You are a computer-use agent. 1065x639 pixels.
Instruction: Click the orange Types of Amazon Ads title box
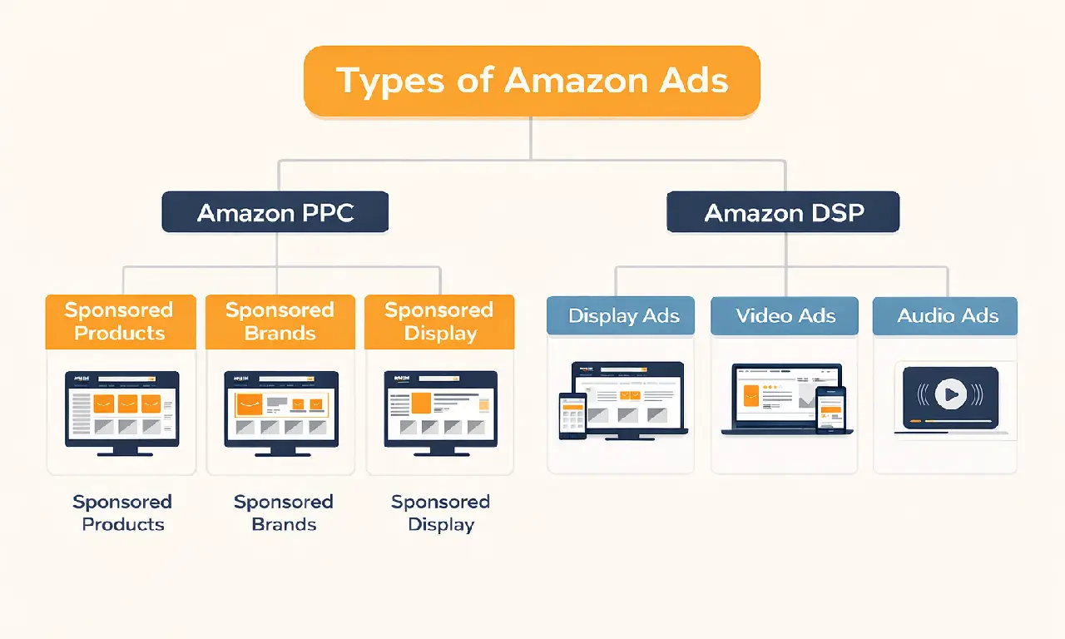tap(532, 81)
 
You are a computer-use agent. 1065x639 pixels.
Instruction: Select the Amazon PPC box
tap(275, 212)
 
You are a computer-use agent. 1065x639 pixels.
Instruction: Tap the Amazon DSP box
tap(784, 212)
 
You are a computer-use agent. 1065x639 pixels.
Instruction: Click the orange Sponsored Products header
tap(120, 322)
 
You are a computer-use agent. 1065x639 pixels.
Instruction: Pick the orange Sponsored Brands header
tap(280, 322)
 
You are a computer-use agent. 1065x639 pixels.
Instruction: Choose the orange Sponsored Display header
tap(439, 322)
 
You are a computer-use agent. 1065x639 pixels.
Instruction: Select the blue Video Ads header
tap(785, 316)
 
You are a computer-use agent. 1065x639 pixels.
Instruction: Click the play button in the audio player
tap(950, 393)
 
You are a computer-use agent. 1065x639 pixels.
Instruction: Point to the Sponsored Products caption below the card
tap(122, 513)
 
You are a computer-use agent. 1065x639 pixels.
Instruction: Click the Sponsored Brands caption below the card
tap(283, 513)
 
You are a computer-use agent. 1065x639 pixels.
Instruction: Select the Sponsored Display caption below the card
tap(441, 513)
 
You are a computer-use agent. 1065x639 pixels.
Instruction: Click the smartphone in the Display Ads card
tap(572, 415)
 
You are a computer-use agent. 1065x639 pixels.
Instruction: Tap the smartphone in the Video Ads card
tap(830, 409)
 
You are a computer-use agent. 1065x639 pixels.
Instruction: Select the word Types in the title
tap(389, 81)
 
